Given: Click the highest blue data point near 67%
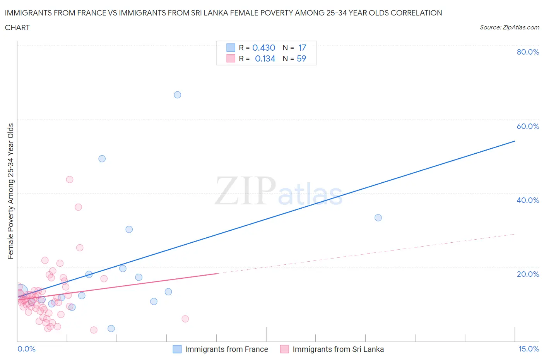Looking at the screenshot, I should point(177,95).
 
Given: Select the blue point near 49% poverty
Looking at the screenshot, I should point(102,159).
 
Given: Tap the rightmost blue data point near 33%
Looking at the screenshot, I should point(378,218).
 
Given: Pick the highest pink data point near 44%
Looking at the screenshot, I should point(70,179).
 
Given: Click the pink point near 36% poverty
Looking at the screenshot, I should point(78,207).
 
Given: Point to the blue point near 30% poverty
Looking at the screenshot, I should point(129,229).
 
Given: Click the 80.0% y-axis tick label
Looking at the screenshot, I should point(528,52).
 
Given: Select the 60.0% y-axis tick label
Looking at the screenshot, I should point(528,126).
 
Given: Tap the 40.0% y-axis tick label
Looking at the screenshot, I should point(528,200).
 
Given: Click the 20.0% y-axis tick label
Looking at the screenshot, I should point(528,274).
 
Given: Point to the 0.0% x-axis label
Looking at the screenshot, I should point(26,349).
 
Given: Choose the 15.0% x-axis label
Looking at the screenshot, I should point(529,349).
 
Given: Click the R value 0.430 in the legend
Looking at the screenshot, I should point(263,48).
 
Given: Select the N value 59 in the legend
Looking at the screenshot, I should point(301,58).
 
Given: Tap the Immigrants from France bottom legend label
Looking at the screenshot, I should point(226,349).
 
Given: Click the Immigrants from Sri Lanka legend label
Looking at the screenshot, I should point(338,349).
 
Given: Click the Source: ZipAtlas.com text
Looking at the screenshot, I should point(509,27).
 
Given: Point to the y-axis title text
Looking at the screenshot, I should point(10,191).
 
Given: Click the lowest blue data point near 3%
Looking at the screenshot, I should point(111,328).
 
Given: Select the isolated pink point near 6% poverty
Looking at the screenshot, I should point(185,319).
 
